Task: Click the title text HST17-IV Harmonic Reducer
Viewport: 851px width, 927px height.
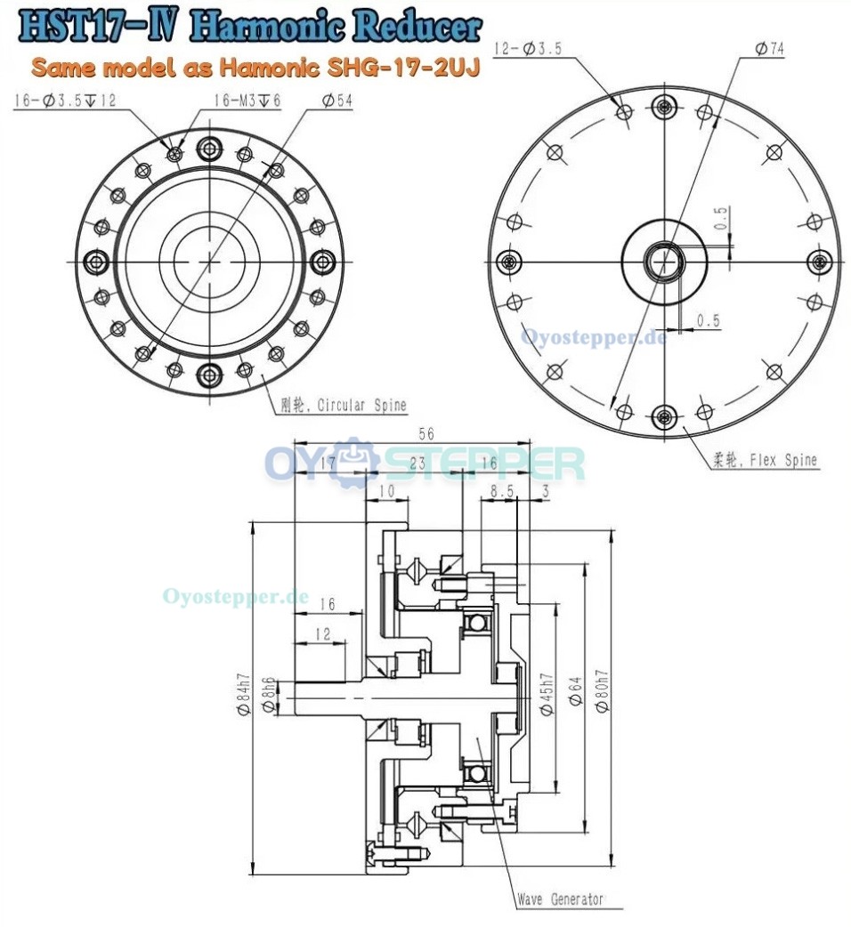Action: pos(249,28)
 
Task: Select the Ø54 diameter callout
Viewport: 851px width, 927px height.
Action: pos(336,101)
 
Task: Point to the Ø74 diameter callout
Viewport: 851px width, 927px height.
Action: pos(769,50)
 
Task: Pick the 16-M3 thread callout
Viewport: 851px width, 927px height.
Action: pos(247,101)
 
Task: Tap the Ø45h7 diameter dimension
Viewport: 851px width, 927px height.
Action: pos(547,695)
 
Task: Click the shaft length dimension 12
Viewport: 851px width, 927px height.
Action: pos(321,633)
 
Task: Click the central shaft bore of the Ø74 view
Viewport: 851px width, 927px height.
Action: pos(663,261)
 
